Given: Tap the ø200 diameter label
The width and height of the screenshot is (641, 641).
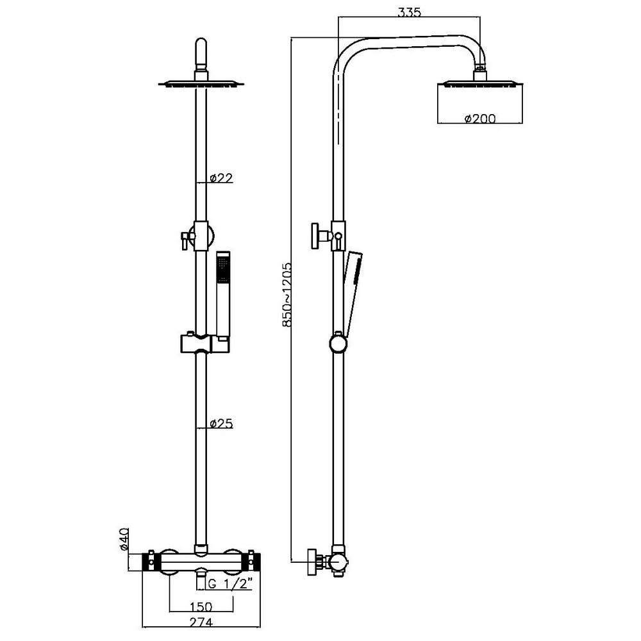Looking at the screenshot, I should (479, 118).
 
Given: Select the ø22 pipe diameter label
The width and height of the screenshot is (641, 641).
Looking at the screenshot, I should (221, 178).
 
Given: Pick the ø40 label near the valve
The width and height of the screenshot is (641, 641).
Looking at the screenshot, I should (126, 539).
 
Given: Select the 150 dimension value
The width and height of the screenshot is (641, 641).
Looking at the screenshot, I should (201, 605).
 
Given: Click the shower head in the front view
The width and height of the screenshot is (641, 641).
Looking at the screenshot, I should (201, 83).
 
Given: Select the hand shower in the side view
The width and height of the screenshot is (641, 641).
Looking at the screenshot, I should (351, 288).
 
